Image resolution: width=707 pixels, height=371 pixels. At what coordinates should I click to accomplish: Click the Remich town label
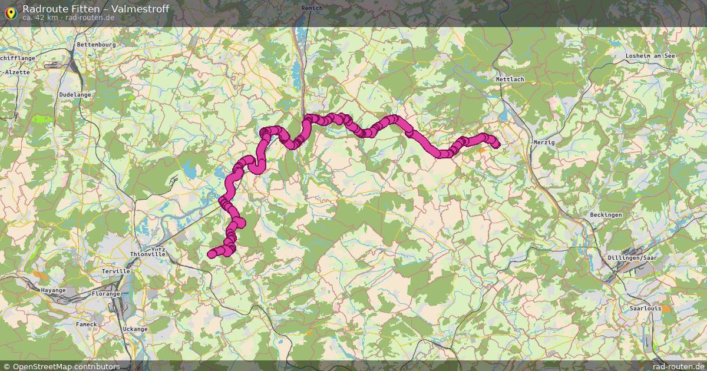pos(312,8)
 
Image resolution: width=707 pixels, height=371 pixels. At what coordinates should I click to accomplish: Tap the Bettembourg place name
pos(97,44)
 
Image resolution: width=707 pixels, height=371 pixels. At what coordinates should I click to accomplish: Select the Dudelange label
pos(75,94)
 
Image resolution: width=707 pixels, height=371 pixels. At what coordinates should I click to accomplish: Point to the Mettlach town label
pos(510,79)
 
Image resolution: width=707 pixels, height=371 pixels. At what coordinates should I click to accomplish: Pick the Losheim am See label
pos(650,56)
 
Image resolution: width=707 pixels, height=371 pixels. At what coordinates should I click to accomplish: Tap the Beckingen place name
pos(606,215)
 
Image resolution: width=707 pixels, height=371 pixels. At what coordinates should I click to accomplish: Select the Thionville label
pos(148,254)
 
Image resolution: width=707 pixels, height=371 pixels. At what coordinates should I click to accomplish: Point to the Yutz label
pos(158,249)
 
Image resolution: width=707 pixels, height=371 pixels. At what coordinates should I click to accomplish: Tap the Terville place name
pos(115,271)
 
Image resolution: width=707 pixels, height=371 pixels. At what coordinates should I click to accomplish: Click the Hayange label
pos(54,290)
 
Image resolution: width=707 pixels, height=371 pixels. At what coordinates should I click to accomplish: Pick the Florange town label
pos(106,293)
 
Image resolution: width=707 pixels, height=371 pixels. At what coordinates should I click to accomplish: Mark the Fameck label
pos(86,324)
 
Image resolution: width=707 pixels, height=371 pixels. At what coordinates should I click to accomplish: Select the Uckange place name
pos(135,329)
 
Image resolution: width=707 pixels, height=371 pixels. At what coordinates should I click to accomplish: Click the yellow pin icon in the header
pos(11,11)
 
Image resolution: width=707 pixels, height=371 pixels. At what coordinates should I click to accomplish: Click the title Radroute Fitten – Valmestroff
pos(95,8)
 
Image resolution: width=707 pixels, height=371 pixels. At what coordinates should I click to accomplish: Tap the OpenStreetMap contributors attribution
pos(65,366)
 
